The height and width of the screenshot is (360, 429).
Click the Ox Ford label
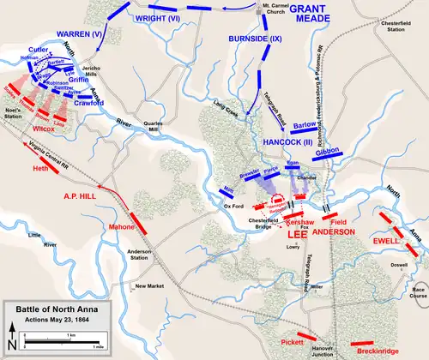pyautogui.click(x=234, y=206)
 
